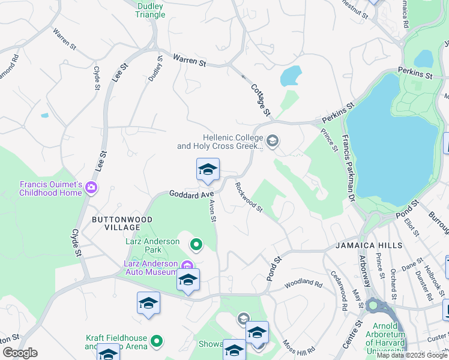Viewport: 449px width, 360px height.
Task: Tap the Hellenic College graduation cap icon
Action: click(x=273, y=141)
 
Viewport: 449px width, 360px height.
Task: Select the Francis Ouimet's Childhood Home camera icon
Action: click(x=91, y=188)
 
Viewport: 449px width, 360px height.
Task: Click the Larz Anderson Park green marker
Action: click(x=196, y=244)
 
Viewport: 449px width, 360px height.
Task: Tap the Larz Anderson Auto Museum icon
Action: click(x=187, y=265)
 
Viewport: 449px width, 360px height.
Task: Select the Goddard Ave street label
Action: click(x=191, y=194)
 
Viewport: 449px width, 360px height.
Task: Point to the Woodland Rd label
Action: click(x=300, y=282)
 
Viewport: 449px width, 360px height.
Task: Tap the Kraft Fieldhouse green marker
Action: click(x=157, y=341)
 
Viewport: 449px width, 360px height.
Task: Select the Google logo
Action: click(x=20, y=353)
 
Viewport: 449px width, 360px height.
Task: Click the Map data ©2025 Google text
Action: click(x=412, y=355)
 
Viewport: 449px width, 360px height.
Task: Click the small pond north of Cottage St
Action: click(x=291, y=76)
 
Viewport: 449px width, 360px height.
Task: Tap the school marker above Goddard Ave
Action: click(x=208, y=170)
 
